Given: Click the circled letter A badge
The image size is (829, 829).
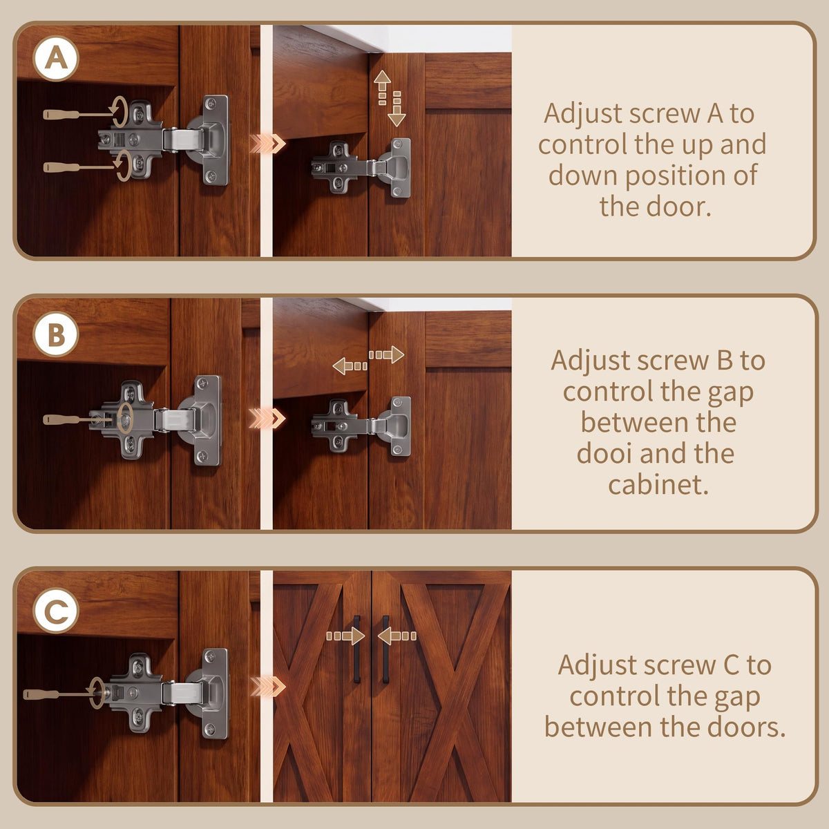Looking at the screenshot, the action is point(56,59).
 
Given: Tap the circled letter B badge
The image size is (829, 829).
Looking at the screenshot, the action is point(56,334).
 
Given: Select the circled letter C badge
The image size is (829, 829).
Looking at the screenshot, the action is point(56,611).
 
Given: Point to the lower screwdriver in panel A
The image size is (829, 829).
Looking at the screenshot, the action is point(79,167).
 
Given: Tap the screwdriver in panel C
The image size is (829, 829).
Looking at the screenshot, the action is point(60,694).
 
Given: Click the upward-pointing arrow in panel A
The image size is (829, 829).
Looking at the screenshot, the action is point(382,88).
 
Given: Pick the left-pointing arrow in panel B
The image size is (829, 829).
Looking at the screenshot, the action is point(350,366).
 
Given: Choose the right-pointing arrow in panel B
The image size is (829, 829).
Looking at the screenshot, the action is point(387,355).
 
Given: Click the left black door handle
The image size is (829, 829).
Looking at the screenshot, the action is point(356,649).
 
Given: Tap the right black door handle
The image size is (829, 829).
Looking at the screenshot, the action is point(385,649).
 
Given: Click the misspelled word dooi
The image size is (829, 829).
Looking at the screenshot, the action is point(604,453).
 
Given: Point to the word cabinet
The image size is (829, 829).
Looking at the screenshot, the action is point(658,485).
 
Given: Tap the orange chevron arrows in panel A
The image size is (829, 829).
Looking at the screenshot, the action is point(267,144).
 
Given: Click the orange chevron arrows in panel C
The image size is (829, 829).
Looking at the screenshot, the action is point(267,687).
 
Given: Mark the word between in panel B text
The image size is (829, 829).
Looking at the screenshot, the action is point(658,422).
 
